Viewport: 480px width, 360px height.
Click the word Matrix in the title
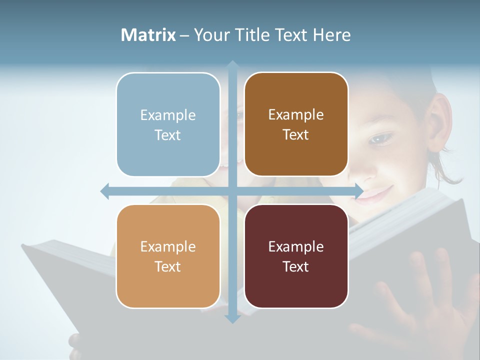148,35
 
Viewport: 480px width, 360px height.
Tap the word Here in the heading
331,35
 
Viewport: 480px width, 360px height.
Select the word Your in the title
210,35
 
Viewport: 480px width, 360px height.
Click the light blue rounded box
168,124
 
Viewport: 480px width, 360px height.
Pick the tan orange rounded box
168,256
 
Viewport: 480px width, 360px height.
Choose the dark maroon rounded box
296,256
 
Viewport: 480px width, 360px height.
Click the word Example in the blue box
168,115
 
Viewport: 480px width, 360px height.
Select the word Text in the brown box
296,134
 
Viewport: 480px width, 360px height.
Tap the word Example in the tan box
168,246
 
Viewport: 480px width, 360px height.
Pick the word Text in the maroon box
296,266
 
